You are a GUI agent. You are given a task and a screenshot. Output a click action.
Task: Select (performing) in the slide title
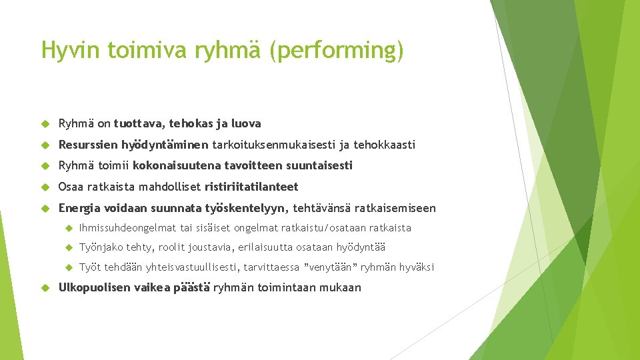coord(337,51)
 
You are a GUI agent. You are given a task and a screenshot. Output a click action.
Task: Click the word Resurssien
coord(88,145)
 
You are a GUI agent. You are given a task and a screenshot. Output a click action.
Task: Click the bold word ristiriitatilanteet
coord(251,187)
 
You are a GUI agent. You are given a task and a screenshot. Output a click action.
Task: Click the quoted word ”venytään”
coord(331,267)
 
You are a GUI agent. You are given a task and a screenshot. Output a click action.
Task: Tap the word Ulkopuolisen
coord(95,288)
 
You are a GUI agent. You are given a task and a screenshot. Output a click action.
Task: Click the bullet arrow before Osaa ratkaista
coord(46,187)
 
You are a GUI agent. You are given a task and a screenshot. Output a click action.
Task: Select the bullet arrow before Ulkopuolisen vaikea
coord(46,288)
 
